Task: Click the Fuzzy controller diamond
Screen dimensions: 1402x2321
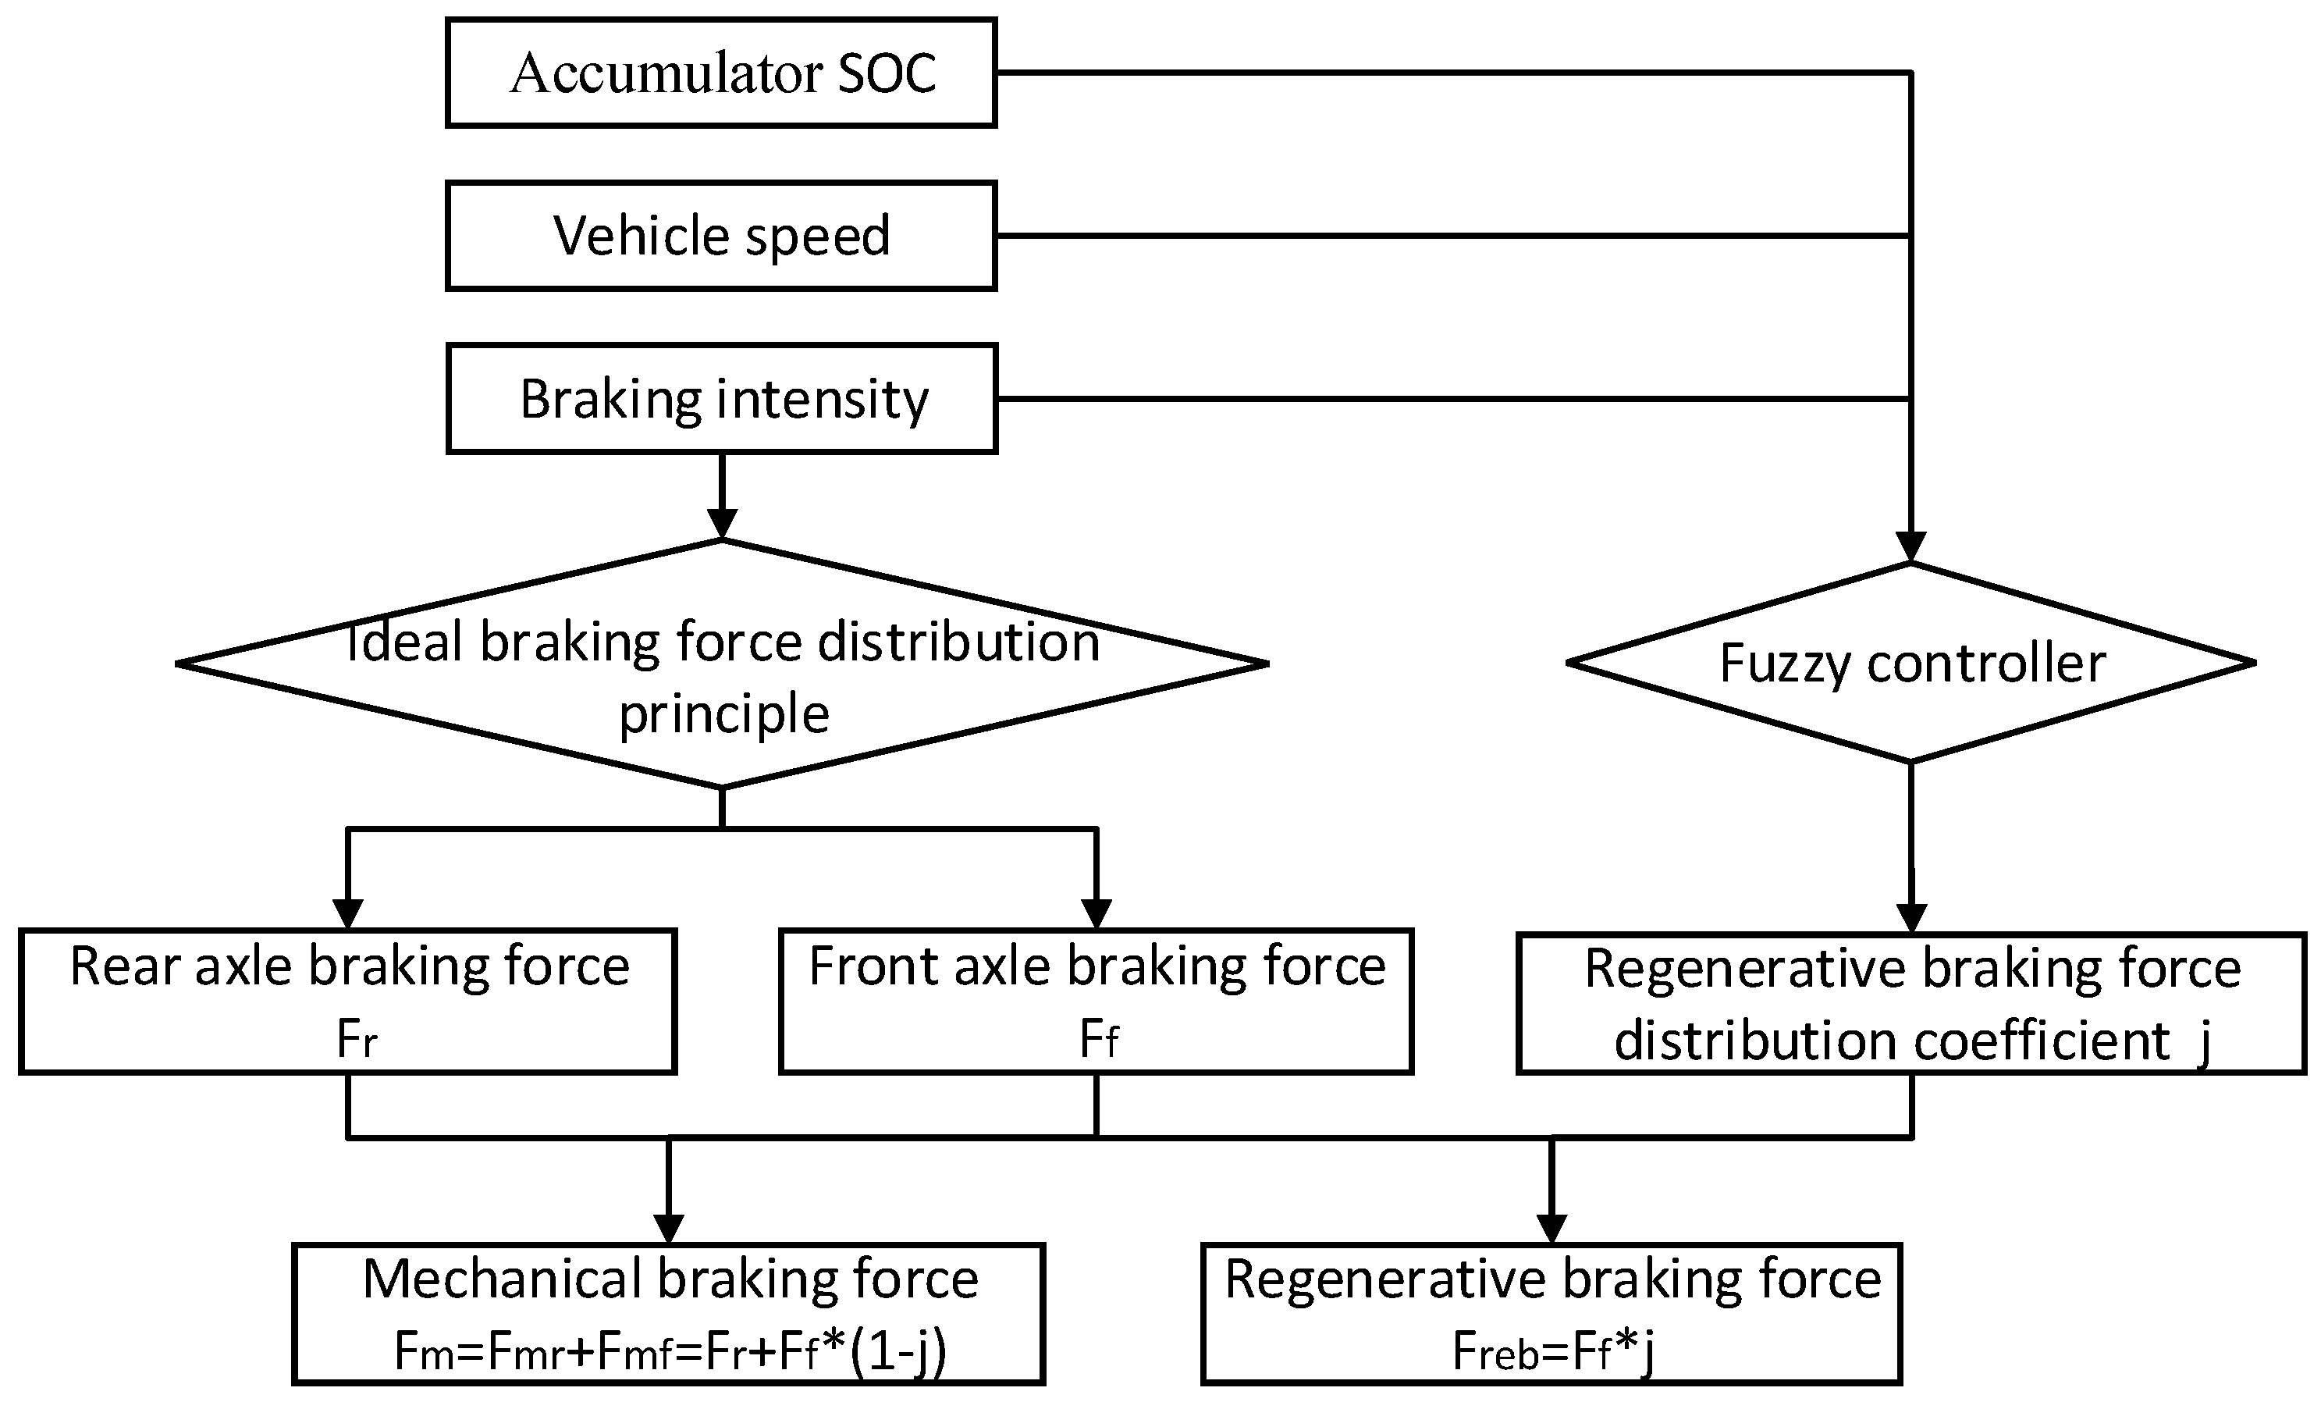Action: [1910, 663]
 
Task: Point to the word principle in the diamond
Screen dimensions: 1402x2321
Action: [723, 713]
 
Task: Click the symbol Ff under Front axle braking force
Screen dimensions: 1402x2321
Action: [1098, 1041]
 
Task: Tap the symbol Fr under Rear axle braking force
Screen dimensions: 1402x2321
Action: [357, 1041]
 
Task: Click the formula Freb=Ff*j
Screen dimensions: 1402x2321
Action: [1552, 1352]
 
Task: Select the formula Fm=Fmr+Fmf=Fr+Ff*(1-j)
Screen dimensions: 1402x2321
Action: [670, 1352]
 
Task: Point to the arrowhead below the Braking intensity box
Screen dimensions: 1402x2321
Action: [722, 523]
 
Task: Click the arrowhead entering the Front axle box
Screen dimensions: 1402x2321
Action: [1097, 914]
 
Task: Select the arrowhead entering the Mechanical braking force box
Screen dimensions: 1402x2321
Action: [669, 1229]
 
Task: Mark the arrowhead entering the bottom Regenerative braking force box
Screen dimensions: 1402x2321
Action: [1551, 1229]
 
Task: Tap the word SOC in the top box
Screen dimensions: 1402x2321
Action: [887, 73]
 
